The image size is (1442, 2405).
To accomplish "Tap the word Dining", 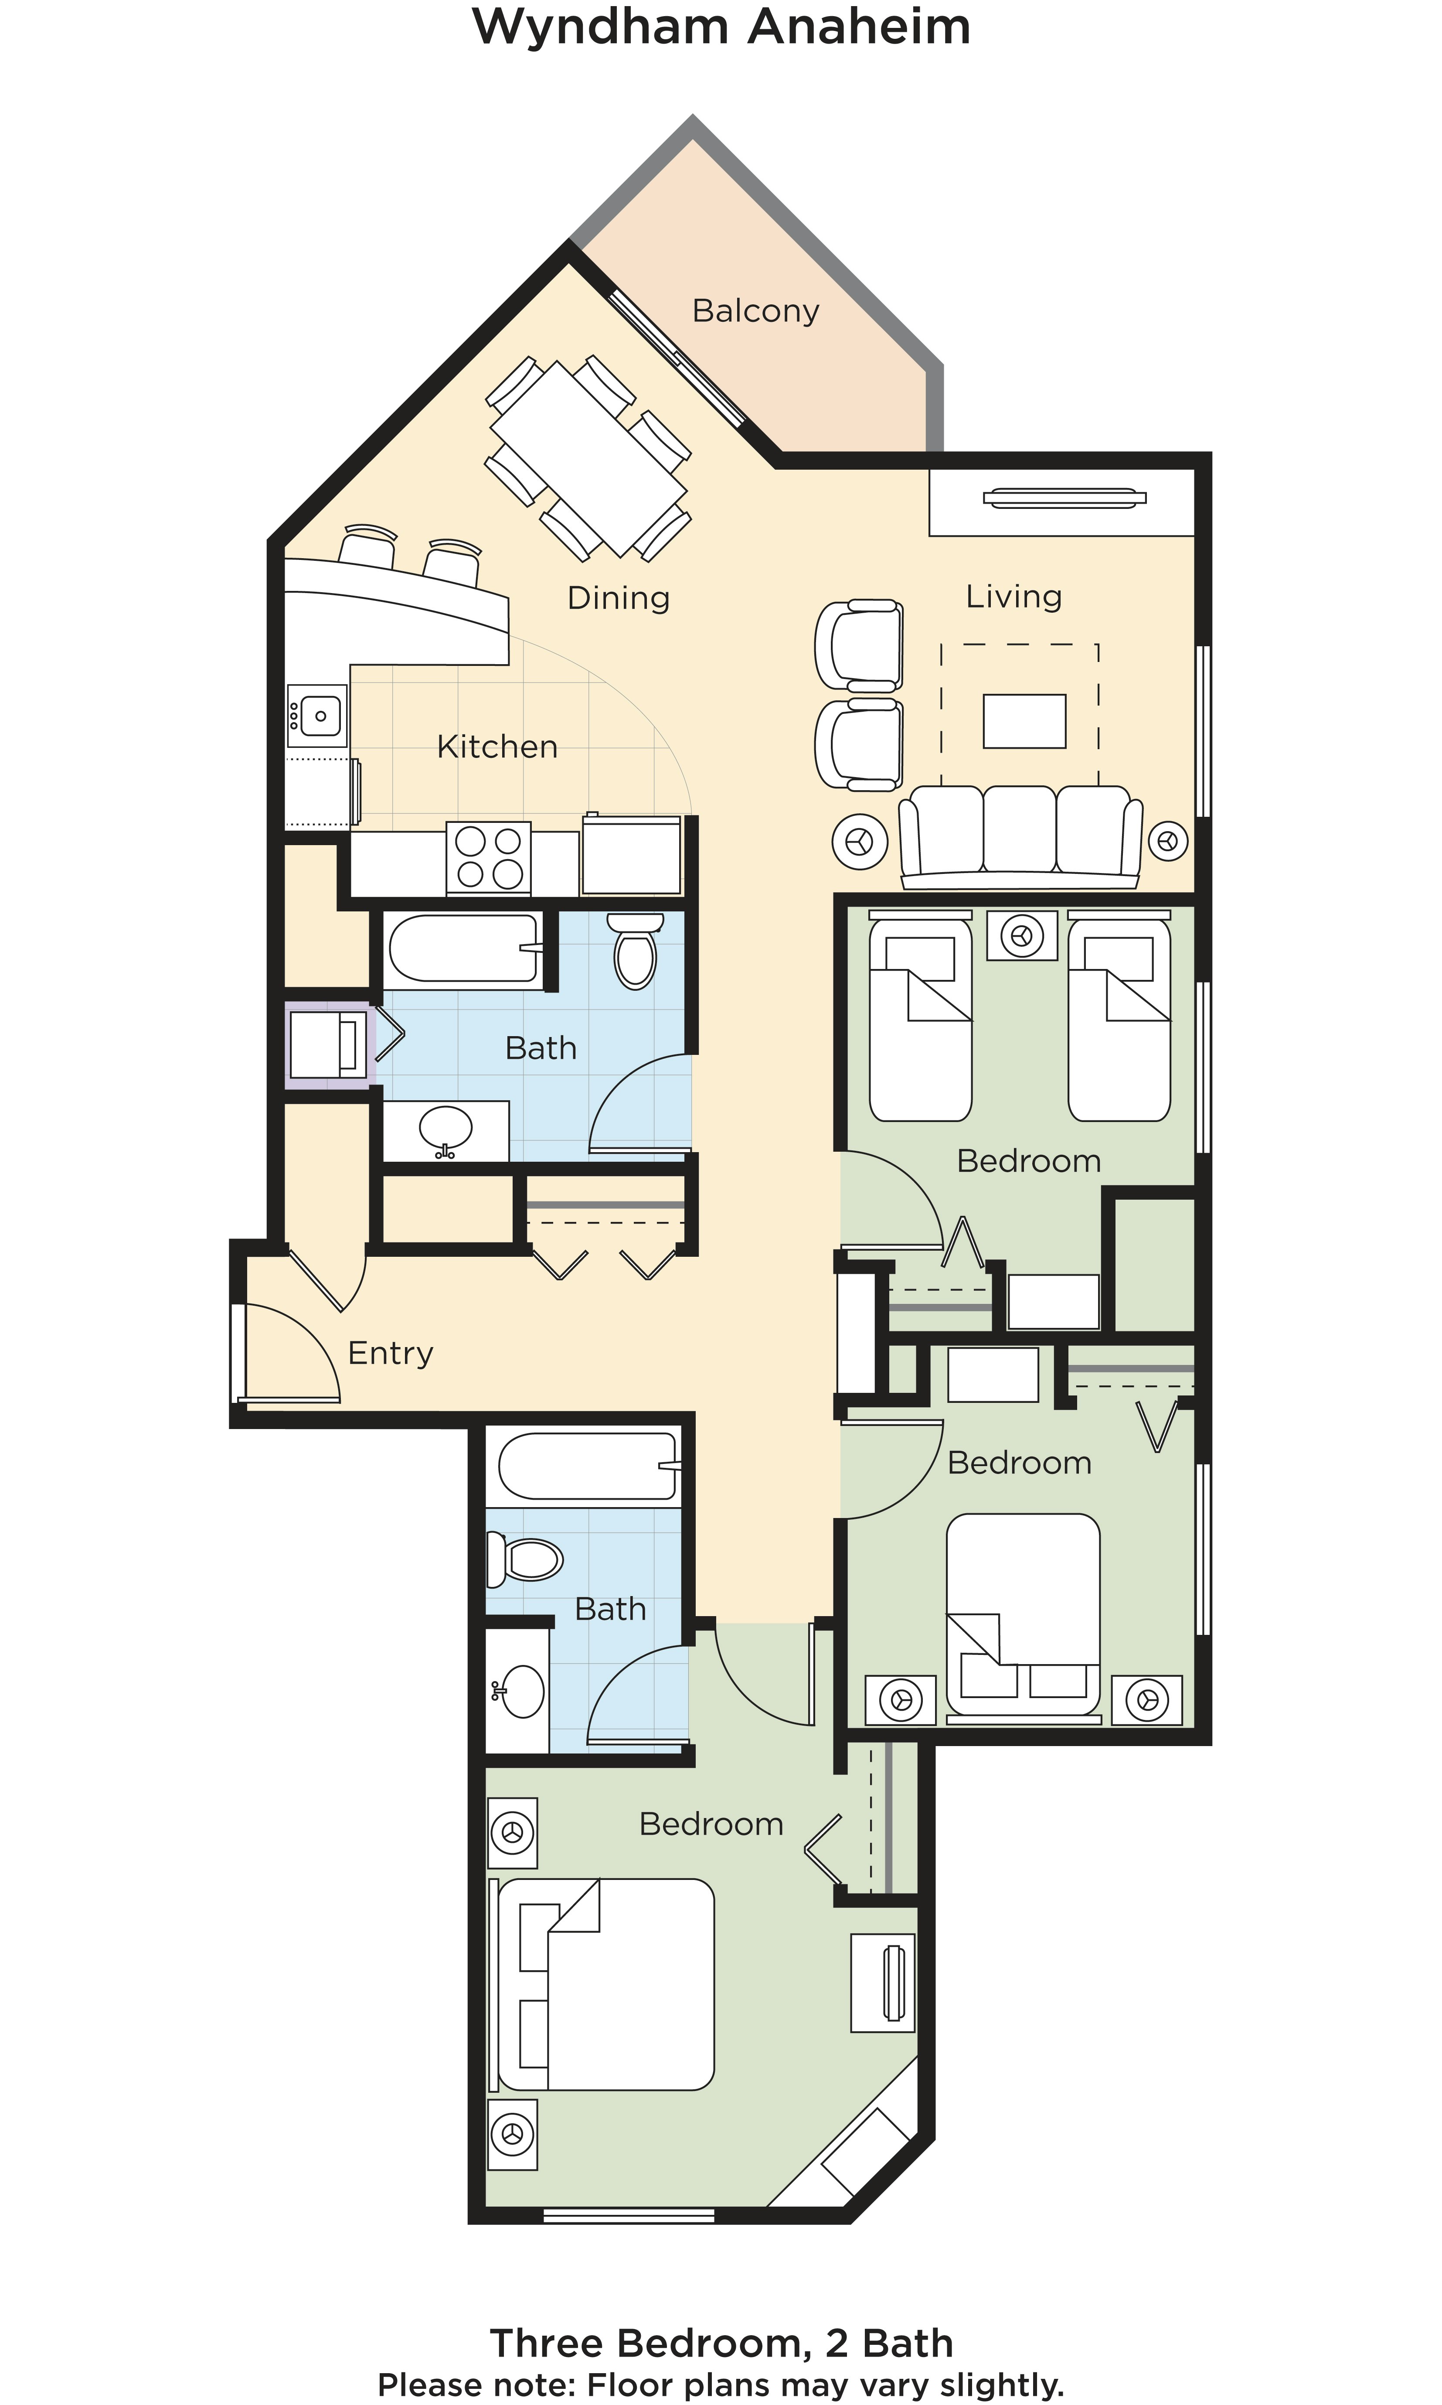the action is click(619, 598).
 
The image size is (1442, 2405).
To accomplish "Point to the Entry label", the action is click(391, 1353).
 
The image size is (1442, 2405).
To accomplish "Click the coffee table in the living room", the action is click(1024, 721).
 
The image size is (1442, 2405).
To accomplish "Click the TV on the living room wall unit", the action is click(1064, 498).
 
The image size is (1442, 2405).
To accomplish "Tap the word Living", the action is click(1013, 596).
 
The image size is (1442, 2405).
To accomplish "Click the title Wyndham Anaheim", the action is click(721, 27).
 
